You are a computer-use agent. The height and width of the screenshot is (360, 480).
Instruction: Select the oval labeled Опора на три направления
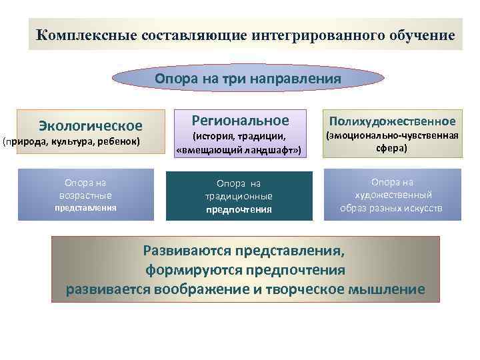coord(248,79)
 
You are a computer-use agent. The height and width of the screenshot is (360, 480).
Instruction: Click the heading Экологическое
coord(91,125)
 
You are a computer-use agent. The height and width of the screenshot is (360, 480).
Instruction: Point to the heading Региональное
coord(240,121)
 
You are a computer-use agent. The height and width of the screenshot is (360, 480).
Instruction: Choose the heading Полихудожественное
coord(391,121)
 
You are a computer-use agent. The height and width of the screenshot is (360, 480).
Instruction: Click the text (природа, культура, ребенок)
coord(71,142)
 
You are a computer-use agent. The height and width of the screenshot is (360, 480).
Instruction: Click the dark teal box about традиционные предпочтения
coord(239,196)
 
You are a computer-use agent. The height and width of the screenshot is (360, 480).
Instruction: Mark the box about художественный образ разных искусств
coord(392,194)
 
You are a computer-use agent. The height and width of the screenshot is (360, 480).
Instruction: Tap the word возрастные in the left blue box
coord(85,195)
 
